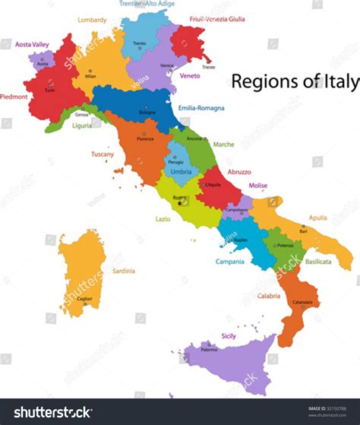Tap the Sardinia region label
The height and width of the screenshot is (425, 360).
click(124, 270)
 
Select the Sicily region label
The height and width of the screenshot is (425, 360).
click(228, 335)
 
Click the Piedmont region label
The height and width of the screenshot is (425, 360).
click(14, 96)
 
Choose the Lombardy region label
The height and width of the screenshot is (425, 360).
click(92, 20)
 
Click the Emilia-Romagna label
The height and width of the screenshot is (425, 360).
click(201, 108)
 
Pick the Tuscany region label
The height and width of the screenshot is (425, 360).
click(103, 154)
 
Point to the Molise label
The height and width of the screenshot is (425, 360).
click(258, 185)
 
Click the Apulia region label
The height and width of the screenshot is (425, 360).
click(318, 217)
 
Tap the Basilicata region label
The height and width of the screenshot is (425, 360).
click(318, 261)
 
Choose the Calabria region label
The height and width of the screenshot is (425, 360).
click(267, 297)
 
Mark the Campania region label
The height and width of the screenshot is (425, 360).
click(229, 262)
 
